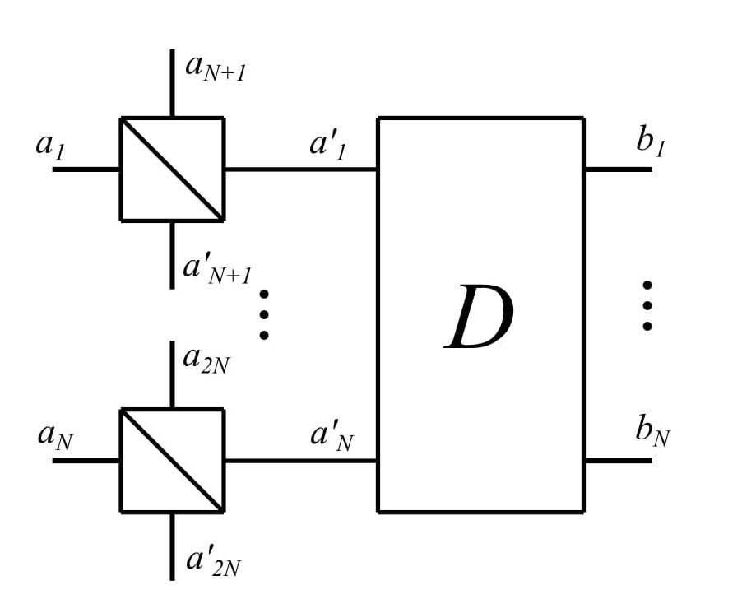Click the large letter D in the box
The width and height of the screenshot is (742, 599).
[x=480, y=318]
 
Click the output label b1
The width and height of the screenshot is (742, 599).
[x=650, y=142]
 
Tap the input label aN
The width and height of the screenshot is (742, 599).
[x=55, y=434]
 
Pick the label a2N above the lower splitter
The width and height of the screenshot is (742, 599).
[x=206, y=360]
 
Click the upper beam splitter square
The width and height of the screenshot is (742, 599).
[x=172, y=169]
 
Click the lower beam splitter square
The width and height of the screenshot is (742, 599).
[x=172, y=461]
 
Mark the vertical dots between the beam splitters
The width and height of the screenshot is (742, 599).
[x=264, y=313]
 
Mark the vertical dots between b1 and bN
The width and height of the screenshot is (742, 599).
[x=647, y=306]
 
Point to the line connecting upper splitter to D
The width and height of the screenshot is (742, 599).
[x=300, y=169]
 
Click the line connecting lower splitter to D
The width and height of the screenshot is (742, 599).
[x=300, y=461]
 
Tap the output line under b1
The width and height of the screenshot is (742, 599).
[x=618, y=169]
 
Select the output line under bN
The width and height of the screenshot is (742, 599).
[x=618, y=461]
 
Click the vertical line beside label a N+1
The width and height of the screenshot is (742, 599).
[x=172, y=82]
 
